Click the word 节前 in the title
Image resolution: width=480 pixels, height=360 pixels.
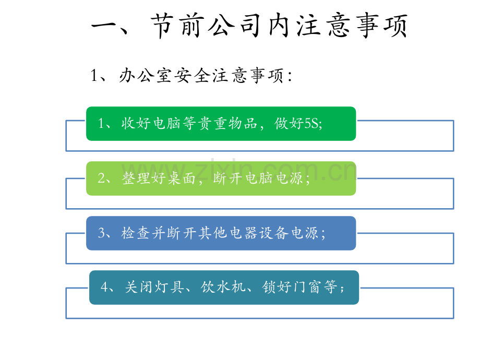click(x=176, y=26)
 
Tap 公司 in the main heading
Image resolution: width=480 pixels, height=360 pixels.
click(x=234, y=26)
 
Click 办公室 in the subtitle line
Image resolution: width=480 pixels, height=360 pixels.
click(x=145, y=75)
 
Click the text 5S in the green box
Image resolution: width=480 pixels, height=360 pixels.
click(x=311, y=124)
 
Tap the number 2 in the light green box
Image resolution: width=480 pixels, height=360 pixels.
click(x=101, y=178)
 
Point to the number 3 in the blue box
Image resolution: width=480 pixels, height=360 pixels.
click(x=102, y=233)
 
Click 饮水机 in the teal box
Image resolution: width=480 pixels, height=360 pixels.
click(x=223, y=287)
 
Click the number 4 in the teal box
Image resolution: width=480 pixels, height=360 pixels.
click(x=104, y=287)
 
